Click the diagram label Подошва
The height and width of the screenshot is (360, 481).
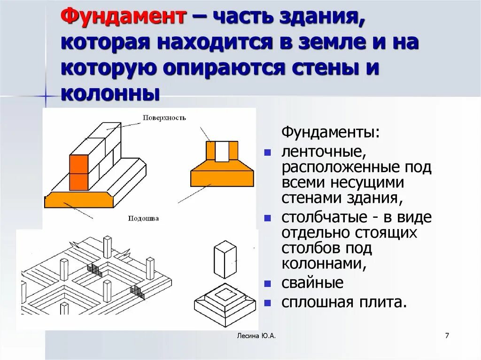tap(143, 218)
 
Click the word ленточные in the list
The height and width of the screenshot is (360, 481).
tap(321, 153)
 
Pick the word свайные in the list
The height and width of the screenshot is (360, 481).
tap(312, 283)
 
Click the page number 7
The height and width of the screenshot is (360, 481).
tap(447, 336)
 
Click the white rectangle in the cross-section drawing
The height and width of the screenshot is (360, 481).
tap(222, 151)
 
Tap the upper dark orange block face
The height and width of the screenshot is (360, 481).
tap(79, 164)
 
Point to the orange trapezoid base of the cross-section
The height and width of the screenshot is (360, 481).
tap(222, 174)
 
